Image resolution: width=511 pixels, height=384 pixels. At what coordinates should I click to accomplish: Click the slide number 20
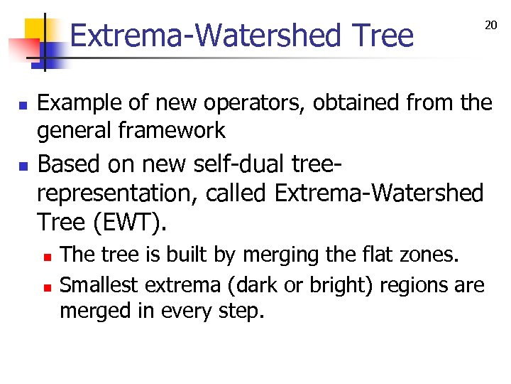coord(490,26)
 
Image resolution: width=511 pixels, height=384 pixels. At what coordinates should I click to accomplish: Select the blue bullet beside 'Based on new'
coord(23,167)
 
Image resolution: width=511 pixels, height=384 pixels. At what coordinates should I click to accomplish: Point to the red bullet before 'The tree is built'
coord(48,256)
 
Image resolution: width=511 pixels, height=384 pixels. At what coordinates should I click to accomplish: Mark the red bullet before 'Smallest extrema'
coord(48,288)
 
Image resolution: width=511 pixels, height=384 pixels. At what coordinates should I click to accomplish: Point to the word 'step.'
coord(240,311)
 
